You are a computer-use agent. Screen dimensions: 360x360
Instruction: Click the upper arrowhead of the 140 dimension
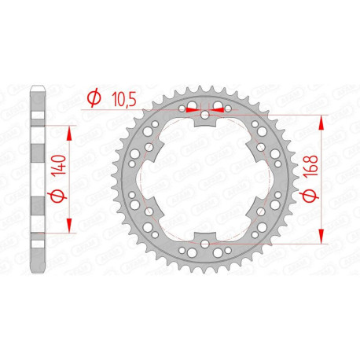[x=73, y=134]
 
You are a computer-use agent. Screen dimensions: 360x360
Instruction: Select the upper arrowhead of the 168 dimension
[x=321, y=122]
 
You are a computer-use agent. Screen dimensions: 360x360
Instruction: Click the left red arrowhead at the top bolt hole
[x=192, y=110]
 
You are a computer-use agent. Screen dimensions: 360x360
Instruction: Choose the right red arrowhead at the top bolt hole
[x=219, y=110]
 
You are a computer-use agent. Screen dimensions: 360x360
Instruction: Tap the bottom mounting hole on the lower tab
[x=205, y=245]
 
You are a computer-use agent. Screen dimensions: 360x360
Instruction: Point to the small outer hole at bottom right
[x=230, y=252]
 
